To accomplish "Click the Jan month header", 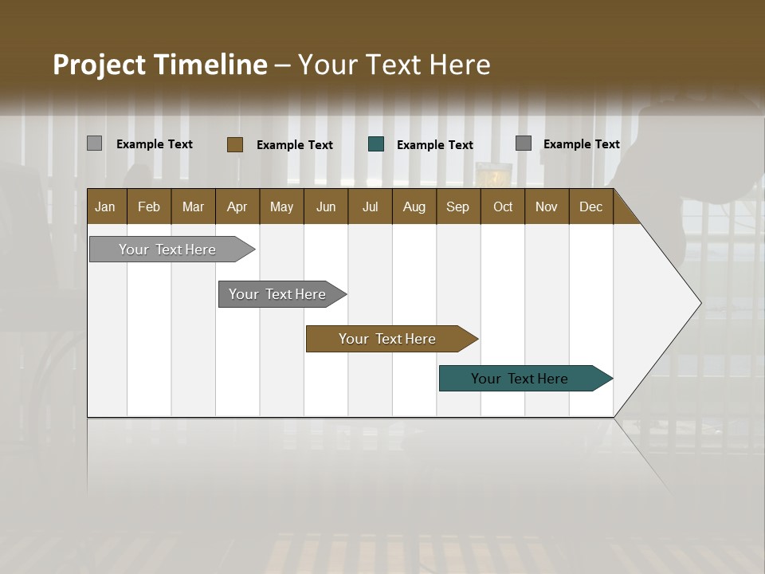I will (105, 206).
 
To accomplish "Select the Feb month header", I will (149, 206).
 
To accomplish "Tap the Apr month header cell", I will (237, 206).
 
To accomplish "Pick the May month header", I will (281, 206).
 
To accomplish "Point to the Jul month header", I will (370, 206).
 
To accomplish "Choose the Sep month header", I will (457, 206).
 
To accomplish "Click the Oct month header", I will (503, 206).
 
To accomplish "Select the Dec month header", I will (590, 206).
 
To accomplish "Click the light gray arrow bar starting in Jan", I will (168, 250).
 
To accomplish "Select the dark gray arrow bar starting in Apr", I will (278, 294).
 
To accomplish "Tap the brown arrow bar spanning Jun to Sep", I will (387, 339).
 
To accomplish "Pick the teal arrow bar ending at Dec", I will (520, 379).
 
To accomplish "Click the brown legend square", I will (234, 144).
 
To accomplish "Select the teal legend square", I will (376, 144).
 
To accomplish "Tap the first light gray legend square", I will (94, 143).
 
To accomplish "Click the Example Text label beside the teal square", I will (434, 144).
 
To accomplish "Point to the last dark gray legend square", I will (523, 143).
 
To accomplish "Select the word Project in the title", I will (100, 65).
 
